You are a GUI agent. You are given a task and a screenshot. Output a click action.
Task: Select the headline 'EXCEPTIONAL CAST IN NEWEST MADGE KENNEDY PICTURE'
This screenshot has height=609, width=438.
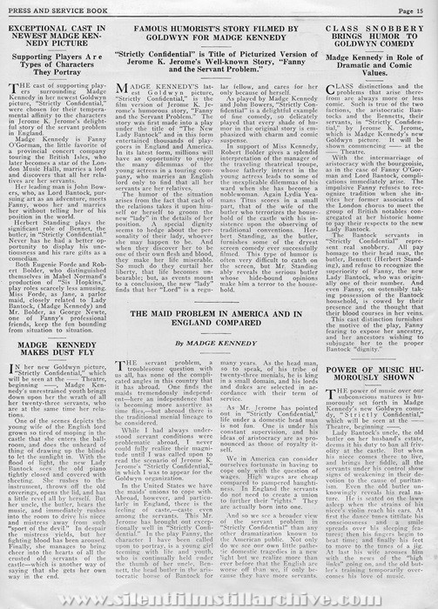[x=60, y=39]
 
